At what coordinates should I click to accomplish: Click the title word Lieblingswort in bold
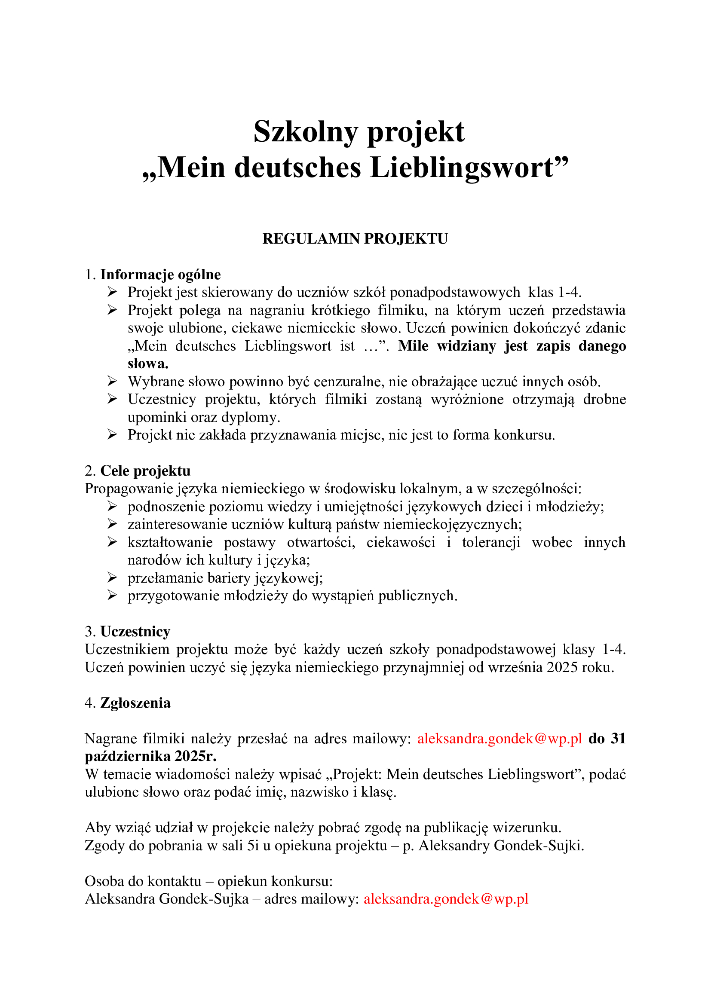click(463, 168)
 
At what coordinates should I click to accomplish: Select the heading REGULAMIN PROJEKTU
click(355, 238)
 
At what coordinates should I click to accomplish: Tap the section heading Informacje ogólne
click(160, 275)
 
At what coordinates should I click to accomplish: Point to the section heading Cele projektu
click(145, 471)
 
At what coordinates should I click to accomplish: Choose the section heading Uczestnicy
click(135, 632)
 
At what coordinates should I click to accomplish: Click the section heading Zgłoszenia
click(135, 703)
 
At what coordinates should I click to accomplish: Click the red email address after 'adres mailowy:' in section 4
click(500, 739)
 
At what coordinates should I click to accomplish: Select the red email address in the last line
click(446, 899)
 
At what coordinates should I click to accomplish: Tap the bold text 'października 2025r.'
click(150, 756)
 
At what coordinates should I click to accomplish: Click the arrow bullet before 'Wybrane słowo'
click(112, 381)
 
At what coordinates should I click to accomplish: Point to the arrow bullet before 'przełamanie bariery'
click(112, 578)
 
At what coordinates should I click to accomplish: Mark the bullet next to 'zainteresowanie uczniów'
click(112, 524)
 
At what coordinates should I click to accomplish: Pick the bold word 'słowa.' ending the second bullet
click(148, 364)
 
